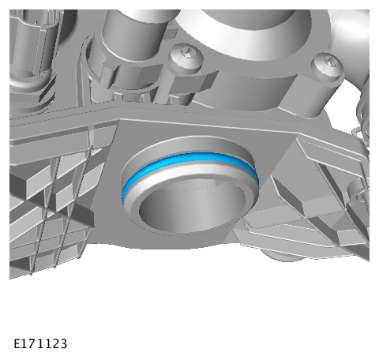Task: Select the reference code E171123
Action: pos(40,344)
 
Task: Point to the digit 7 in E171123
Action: pos(32,344)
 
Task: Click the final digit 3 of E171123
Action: pos(63,344)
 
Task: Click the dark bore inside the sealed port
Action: pos(192,207)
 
